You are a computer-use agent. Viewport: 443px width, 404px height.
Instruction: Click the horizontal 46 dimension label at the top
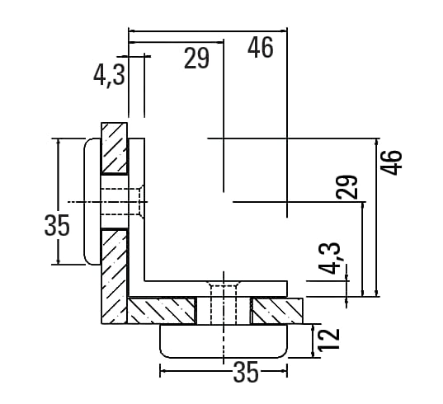click(261, 48)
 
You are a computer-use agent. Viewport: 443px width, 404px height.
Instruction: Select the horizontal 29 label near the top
click(196, 59)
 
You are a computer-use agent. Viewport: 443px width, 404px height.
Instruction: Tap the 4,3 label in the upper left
click(109, 75)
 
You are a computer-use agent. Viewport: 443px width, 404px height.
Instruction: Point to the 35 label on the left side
click(57, 225)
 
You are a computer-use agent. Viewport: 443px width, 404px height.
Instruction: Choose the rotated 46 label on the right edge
click(391, 162)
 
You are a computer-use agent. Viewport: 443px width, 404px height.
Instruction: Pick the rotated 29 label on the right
click(347, 187)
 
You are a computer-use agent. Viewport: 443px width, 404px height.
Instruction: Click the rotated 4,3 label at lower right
click(330, 258)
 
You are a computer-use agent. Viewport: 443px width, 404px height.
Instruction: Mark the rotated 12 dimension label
click(328, 340)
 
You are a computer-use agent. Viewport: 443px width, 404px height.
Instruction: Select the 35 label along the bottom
click(246, 372)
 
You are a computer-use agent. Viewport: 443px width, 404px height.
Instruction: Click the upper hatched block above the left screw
click(114, 148)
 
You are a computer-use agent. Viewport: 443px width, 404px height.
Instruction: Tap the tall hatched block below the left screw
click(114, 276)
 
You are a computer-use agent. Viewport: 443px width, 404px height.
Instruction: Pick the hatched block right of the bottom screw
click(277, 311)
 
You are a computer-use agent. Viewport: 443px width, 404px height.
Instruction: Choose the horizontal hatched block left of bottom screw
click(162, 311)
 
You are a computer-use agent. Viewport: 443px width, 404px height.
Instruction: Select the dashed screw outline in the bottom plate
click(224, 304)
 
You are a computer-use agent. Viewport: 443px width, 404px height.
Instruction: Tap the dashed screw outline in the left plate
click(122, 201)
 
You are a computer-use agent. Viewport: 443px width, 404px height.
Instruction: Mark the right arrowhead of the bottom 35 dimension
click(283, 371)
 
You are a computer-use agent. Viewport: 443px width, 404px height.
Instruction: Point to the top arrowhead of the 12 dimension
click(313, 328)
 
